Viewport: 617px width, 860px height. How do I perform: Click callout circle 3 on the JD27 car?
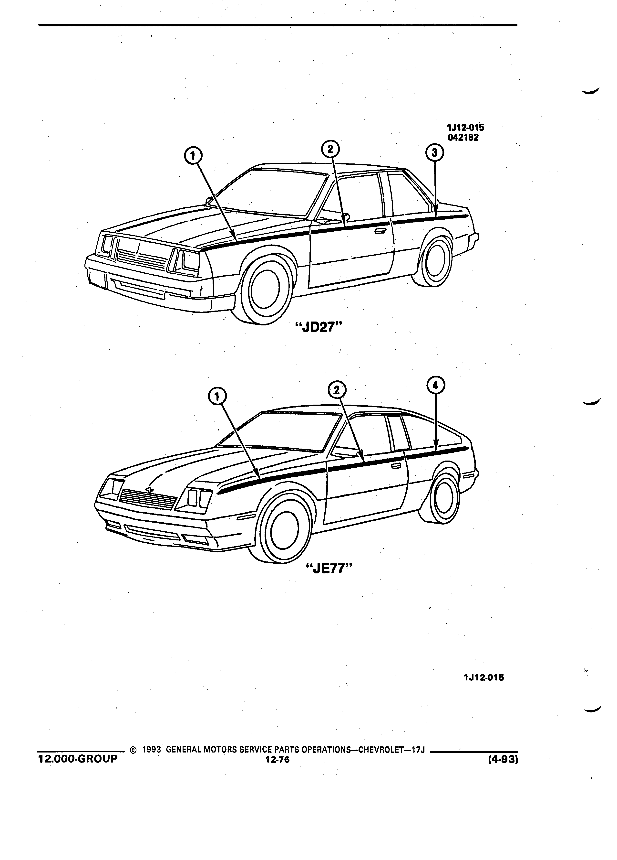[434, 153]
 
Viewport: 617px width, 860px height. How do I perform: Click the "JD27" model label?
[318, 327]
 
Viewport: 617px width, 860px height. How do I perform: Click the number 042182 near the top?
[463, 138]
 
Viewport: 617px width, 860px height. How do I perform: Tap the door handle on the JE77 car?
[396, 466]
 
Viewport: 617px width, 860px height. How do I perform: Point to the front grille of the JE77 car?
[148, 499]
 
